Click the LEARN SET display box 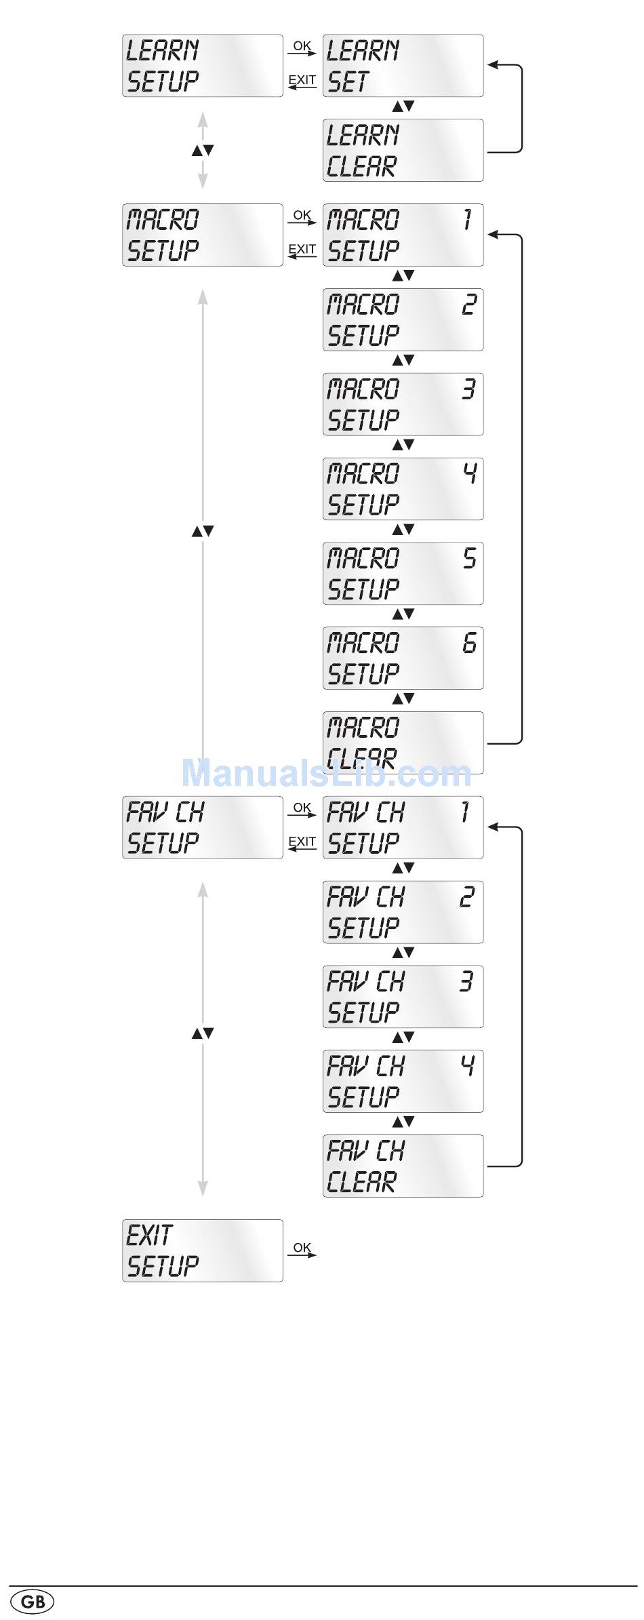click(x=403, y=66)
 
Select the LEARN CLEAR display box click(x=403, y=151)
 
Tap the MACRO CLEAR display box click(x=403, y=743)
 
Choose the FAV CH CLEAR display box click(x=403, y=1166)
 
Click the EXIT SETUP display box click(x=202, y=1250)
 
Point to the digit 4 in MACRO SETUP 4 click(x=469, y=473)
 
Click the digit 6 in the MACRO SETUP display click(x=469, y=642)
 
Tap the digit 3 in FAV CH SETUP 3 click(x=466, y=981)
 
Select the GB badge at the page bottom click(x=33, y=1602)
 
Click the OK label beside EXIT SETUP click(x=302, y=1247)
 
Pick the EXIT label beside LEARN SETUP click(x=302, y=80)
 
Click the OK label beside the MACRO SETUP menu click(x=302, y=215)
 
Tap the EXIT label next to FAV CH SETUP click(x=302, y=842)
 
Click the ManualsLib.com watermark click(x=326, y=773)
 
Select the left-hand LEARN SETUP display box click(x=202, y=66)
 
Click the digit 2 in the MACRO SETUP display click(x=468, y=304)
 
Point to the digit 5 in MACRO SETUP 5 click(x=469, y=558)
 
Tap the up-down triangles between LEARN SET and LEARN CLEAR click(x=403, y=106)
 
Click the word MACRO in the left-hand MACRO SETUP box click(x=163, y=220)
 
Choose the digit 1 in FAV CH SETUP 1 click(x=465, y=812)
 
